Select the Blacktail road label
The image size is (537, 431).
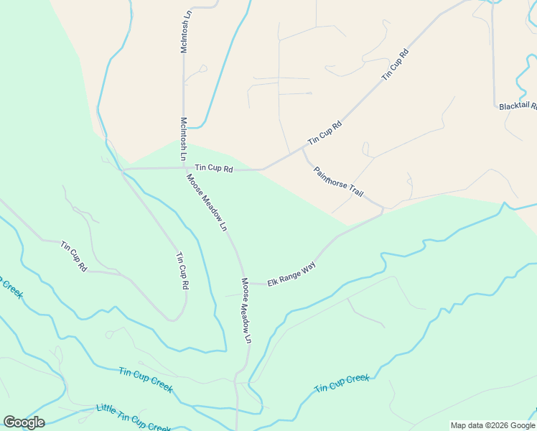(x=518, y=106)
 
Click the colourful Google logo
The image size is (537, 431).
(x=24, y=422)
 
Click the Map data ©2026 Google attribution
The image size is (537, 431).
(x=492, y=425)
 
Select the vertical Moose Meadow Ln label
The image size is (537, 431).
(x=247, y=310)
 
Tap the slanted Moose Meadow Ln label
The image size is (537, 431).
(x=206, y=202)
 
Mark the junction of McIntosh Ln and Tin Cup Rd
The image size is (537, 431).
(x=184, y=169)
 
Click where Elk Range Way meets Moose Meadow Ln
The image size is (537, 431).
(x=244, y=283)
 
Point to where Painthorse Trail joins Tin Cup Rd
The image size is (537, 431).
(x=302, y=149)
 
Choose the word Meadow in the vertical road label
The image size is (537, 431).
(x=247, y=310)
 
